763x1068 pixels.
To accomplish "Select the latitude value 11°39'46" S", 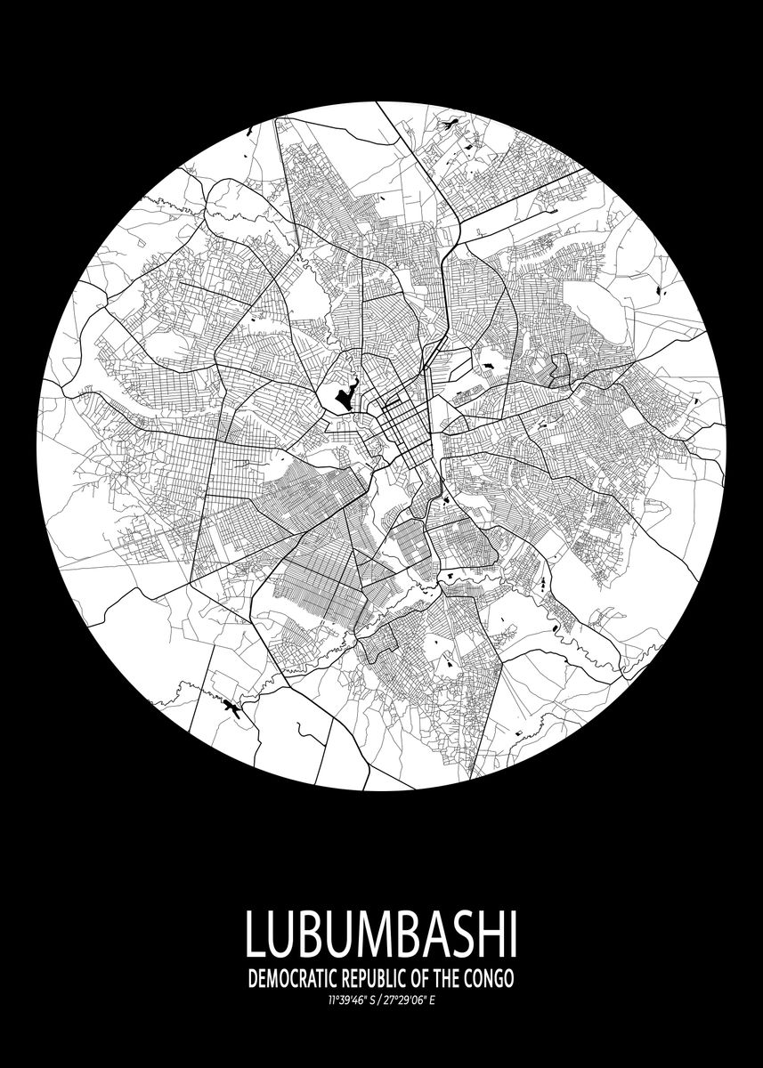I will (352, 999).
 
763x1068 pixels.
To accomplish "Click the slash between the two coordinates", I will (379, 999).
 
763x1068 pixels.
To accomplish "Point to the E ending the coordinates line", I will (433, 999).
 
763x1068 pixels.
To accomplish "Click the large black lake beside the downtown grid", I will (343, 395).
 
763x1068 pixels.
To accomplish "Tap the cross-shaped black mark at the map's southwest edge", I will (233, 708).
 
